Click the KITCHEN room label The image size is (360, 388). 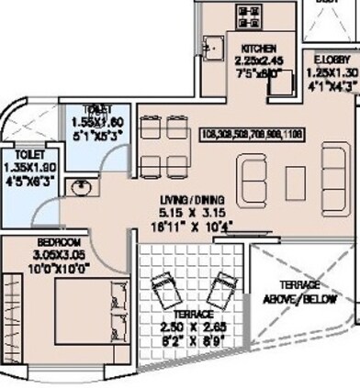(x=259, y=48)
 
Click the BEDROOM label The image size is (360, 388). (x=36, y=245)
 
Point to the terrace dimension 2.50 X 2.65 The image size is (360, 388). (x=193, y=327)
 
